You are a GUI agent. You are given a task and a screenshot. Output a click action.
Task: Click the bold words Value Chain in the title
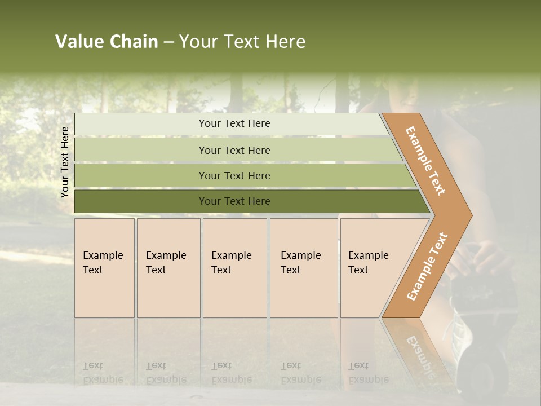[x=107, y=42]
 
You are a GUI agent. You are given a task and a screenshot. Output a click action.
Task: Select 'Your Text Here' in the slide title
[x=242, y=42]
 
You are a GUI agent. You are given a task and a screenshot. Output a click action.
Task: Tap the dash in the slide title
[x=168, y=42]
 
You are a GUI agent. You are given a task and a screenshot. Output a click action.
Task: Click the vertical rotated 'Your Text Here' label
[x=65, y=162]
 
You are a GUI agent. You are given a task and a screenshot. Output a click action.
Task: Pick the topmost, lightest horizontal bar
[x=231, y=123]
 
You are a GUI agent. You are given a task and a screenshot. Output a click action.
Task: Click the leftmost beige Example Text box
[x=104, y=268]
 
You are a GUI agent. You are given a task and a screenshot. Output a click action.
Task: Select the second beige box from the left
[x=168, y=268]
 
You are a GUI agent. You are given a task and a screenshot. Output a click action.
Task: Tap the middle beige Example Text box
[x=234, y=268]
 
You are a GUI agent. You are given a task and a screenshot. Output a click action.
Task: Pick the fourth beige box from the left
[x=304, y=268]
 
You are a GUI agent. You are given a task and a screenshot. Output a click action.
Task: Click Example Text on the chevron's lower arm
[x=427, y=266]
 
